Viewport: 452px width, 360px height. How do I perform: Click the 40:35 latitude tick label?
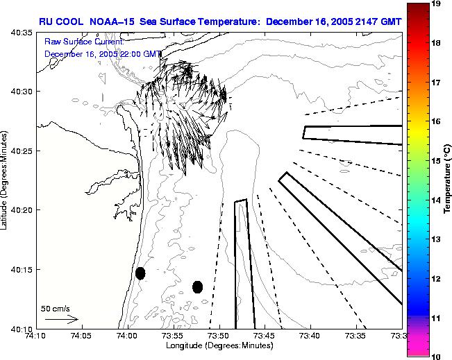21,33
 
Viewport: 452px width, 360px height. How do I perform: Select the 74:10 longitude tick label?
35,336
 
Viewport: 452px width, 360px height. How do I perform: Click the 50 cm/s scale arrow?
61,319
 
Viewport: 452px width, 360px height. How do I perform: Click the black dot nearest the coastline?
140,273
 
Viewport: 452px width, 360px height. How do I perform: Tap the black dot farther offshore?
197,286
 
